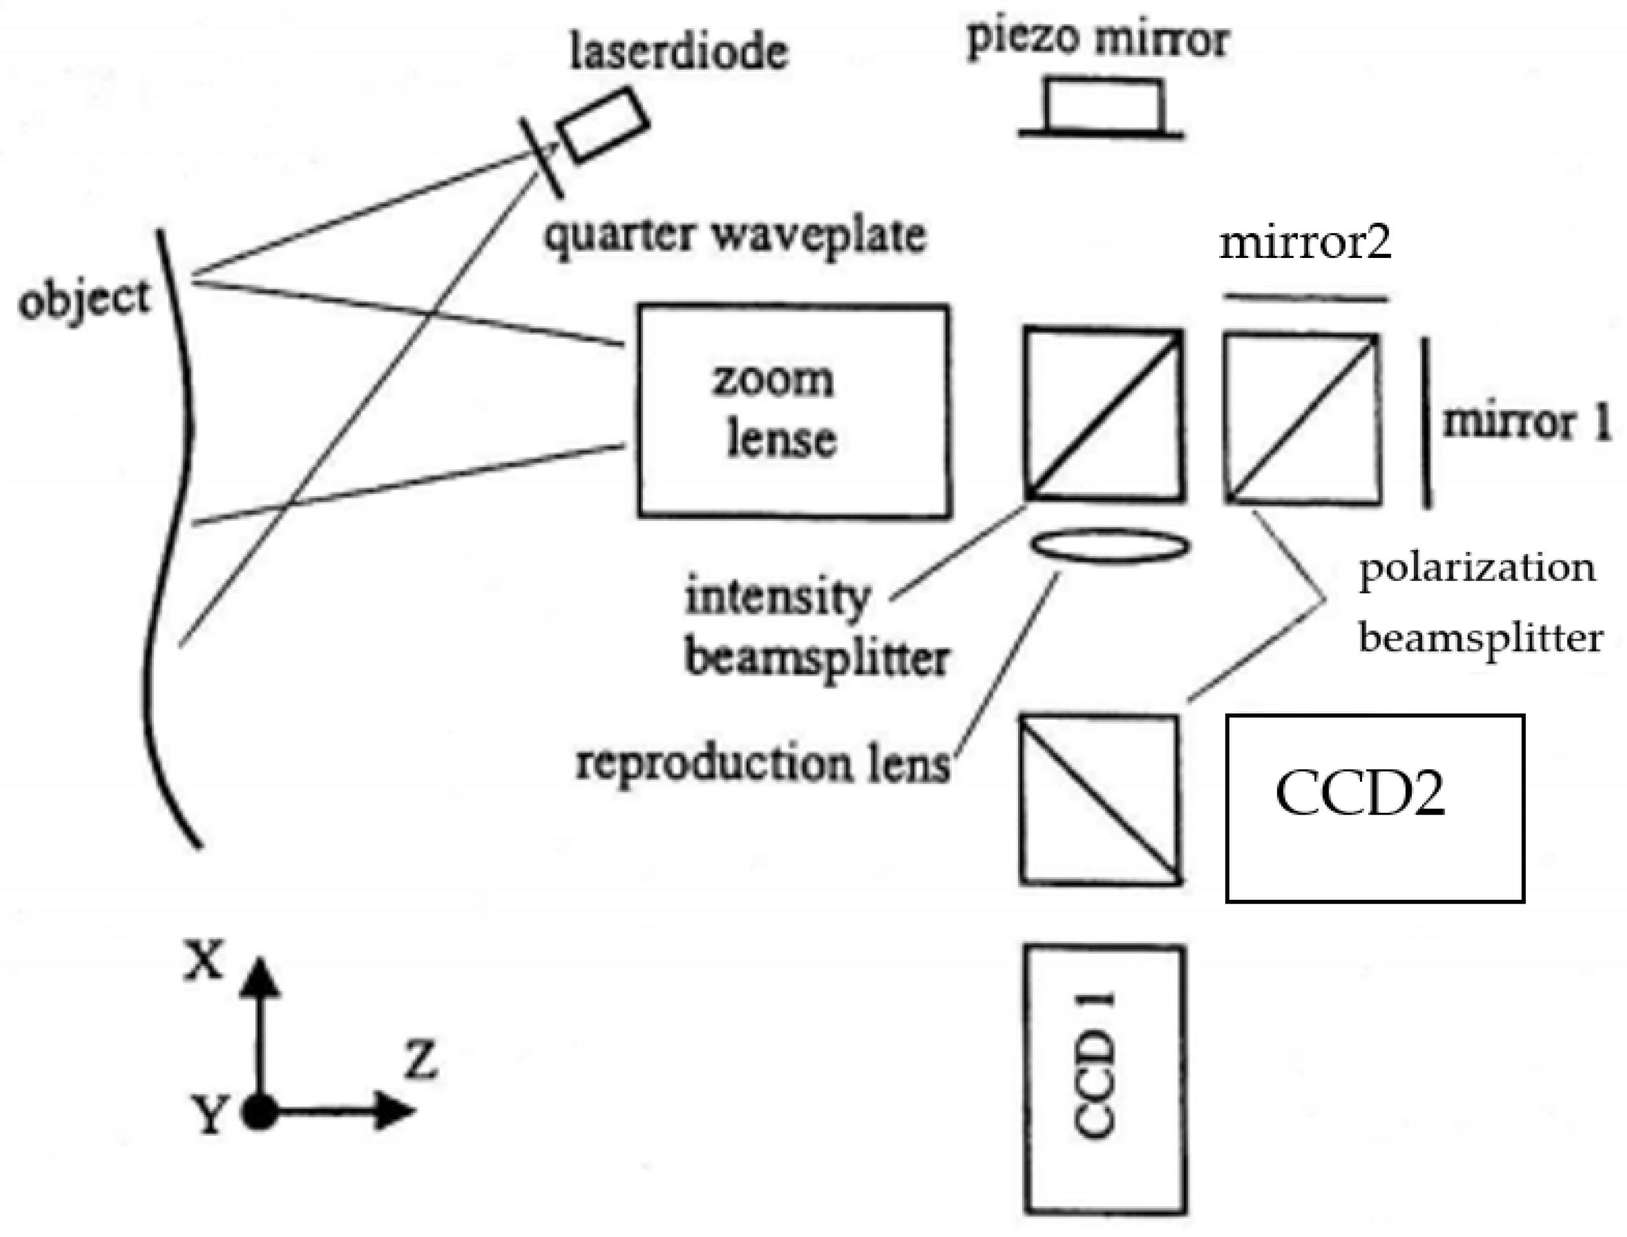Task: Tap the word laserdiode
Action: [x=678, y=52]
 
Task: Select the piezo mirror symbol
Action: [x=1103, y=111]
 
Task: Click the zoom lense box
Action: [x=794, y=411]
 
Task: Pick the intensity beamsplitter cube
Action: [x=1105, y=415]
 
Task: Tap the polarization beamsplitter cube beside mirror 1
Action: [x=1302, y=419]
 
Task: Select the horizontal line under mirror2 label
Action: [x=1305, y=298]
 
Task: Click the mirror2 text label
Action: [x=1305, y=243]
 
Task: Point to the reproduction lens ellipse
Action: [x=1110, y=547]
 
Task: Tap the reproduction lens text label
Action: [x=763, y=763]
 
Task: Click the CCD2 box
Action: [x=1374, y=808]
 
